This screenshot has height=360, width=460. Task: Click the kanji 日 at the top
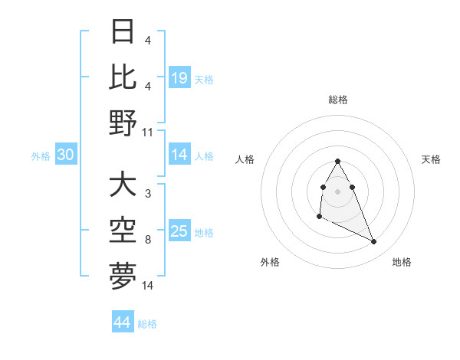click(x=123, y=32)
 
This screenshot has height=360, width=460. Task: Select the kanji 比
click(x=123, y=77)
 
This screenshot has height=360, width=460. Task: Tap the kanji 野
click(x=123, y=123)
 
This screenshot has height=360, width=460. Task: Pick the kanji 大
click(x=123, y=185)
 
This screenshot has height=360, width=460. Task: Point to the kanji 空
click(x=123, y=230)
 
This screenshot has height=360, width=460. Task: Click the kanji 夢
click(x=123, y=276)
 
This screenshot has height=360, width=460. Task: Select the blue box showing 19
click(x=179, y=77)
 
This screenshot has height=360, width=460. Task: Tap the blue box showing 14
click(x=179, y=155)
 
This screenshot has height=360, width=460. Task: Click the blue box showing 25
click(x=179, y=231)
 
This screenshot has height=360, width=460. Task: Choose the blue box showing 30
click(x=65, y=155)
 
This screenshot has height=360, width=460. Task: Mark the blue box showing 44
click(x=123, y=322)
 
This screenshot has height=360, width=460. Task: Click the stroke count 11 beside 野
click(x=148, y=132)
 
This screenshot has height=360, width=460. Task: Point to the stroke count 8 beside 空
click(x=148, y=240)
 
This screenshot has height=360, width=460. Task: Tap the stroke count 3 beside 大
click(x=148, y=195)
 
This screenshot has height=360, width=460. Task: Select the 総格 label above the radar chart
click(x=338, y=100)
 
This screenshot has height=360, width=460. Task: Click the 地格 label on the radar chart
click(x=402, y=262)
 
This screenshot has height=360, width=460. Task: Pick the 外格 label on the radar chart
click(x=270, y=262)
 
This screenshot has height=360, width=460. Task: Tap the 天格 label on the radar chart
click(x=431, y=159)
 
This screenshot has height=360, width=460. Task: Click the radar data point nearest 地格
click(x=374, y=242)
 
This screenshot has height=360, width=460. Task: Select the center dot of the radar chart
click(x=338, y=191)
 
